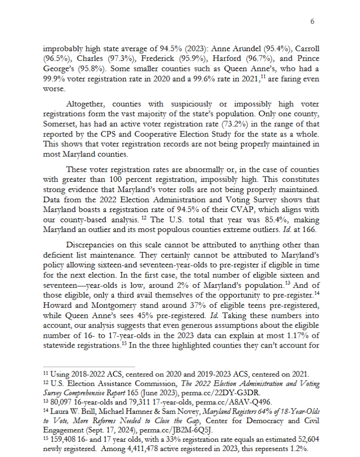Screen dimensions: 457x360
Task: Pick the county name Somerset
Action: (x=61, y=123)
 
